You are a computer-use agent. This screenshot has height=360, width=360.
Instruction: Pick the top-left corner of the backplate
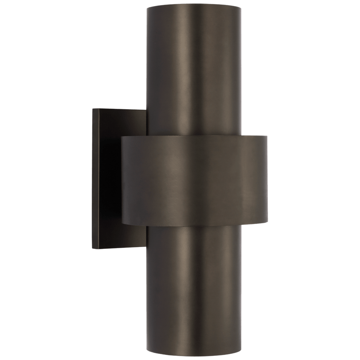tap(93, 109)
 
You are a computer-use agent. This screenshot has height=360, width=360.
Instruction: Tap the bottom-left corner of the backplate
tap(93, 249)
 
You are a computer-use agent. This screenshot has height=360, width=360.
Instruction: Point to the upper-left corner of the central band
tap(122, 138)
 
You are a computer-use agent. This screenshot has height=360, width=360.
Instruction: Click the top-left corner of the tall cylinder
tap(146, 6)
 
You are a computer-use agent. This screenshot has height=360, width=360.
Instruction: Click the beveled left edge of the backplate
tap(95, 178)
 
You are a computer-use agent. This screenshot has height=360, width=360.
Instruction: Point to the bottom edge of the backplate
tap(119, 249)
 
